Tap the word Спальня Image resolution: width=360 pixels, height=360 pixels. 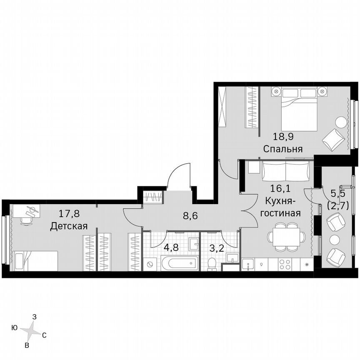coord(282,149)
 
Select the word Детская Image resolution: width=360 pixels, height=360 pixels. coord(69,226)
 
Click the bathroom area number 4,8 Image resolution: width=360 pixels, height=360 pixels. coord(170,247)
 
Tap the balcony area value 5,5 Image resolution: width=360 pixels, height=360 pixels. coord(338,194)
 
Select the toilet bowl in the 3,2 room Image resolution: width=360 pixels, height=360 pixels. coord(212,263)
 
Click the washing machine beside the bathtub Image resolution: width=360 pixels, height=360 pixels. coord(150,264)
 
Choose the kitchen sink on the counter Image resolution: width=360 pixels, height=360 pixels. coord(249,264)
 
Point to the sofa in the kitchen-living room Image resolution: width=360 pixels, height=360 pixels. coord(286,171)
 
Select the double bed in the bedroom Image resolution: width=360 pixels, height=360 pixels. coord(299,109)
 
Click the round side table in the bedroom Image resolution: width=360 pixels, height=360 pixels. coord(341,122)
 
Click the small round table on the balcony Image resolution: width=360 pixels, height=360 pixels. coord(335,240)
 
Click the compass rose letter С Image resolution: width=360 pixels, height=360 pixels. coord(44,335)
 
